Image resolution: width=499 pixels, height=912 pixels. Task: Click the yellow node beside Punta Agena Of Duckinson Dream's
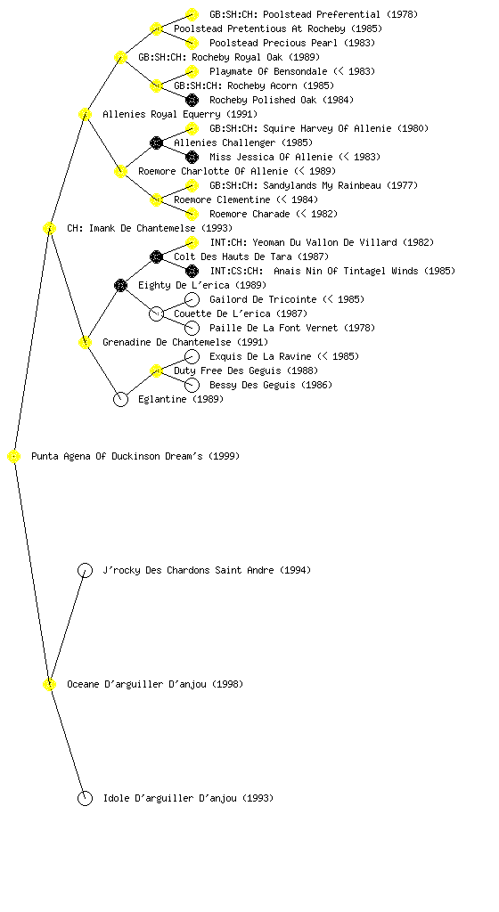click(x=14, y=457)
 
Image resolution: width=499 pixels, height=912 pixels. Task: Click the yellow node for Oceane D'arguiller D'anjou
click(x=49, y=685)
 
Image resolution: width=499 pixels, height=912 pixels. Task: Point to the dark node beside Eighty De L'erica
click(x=120, y=285)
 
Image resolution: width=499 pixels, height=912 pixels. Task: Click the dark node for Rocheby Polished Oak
click(x=192, y=100)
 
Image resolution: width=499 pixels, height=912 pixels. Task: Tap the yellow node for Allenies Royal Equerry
click(x=85, y=114)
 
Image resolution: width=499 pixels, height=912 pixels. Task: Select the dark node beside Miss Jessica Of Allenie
click(x=192, y=157)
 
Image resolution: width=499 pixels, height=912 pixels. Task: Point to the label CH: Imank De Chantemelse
click(x=131, y=228)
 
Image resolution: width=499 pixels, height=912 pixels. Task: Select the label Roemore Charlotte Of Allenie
click(x=213, y=171)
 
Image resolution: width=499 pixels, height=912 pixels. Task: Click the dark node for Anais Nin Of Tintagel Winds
click(x=192, y=271)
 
